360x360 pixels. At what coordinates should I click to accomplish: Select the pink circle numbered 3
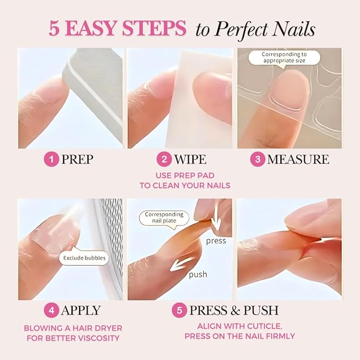point(257,160)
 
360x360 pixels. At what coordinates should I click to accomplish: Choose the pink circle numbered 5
point(179,310)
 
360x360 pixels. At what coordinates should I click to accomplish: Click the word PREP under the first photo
point(77,160)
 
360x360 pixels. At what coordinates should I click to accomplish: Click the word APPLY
point(80,310)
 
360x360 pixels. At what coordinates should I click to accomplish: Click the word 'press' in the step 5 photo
point(216,241)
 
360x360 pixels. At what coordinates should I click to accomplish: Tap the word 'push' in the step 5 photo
point(197,275)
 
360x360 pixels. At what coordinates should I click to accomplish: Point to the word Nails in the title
point(293,29)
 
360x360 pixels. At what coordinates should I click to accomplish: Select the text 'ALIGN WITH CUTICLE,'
point(239,326)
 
